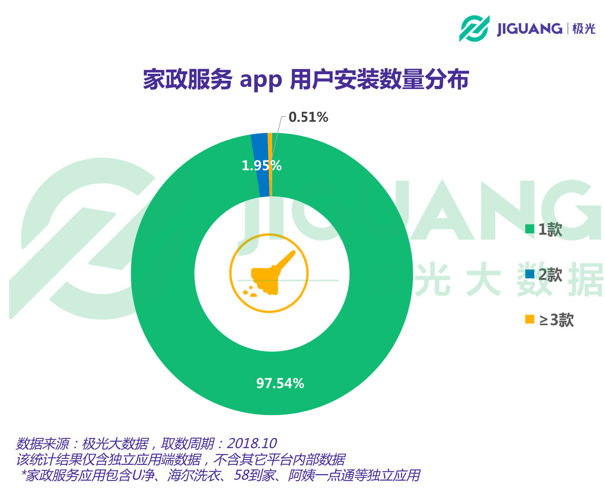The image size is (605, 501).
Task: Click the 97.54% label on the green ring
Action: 280,383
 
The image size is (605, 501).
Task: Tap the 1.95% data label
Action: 261,166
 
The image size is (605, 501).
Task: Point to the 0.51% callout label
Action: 308,117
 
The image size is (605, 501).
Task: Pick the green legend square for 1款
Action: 529,229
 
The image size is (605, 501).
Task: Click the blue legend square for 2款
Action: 529,274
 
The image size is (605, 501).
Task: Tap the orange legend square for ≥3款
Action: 529,319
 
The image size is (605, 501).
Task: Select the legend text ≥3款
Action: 556,320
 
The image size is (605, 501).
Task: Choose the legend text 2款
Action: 550,275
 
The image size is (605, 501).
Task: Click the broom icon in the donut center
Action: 269,274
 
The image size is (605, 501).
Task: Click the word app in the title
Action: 261,80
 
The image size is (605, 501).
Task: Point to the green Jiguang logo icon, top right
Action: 474,28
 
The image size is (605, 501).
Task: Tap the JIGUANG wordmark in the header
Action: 529,29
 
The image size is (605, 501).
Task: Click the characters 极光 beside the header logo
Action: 584,29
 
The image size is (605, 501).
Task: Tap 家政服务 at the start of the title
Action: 187,80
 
